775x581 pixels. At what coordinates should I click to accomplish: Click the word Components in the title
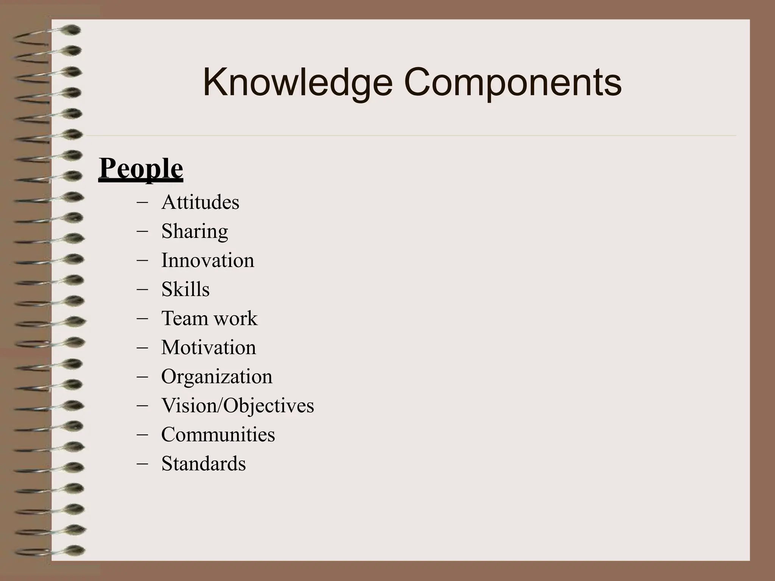point(513,82)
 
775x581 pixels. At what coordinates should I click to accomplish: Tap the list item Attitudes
point(200,202)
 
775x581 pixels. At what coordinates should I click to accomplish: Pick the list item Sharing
point(195,231)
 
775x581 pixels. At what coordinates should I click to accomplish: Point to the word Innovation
point(208,260)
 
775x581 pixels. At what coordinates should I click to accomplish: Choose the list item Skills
point(185,289)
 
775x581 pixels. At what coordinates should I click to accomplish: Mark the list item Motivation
point(209,347)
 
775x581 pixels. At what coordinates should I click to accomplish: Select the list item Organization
point(217,376)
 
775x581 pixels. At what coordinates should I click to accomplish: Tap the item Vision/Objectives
point(238,405)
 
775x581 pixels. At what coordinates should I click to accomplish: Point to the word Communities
point(218,434)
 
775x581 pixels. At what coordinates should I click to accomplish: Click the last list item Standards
point(204,463)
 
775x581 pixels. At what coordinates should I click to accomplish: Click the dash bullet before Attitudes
point(142,202)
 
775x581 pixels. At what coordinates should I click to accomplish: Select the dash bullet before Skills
point(142,289)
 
